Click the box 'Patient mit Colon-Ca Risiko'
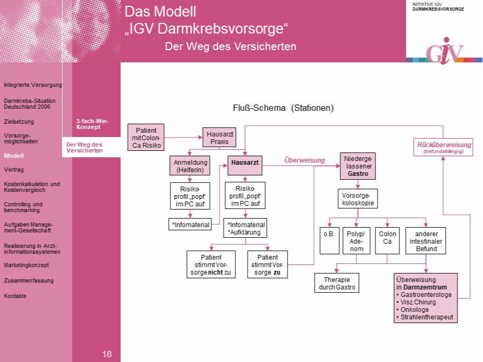coord(146,138)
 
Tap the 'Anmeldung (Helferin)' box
coord(190,166)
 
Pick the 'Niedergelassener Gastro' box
coord(357,166)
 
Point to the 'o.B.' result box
coord(329,241)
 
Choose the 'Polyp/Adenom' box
coord(356,241)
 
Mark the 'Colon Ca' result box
coord(388,241)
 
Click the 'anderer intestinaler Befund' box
coord(426,241)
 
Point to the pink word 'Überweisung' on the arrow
coord(304,160)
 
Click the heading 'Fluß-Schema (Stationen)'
coord(283,108)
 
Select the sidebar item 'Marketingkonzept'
coord(27,265)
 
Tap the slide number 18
coord(107,354)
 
